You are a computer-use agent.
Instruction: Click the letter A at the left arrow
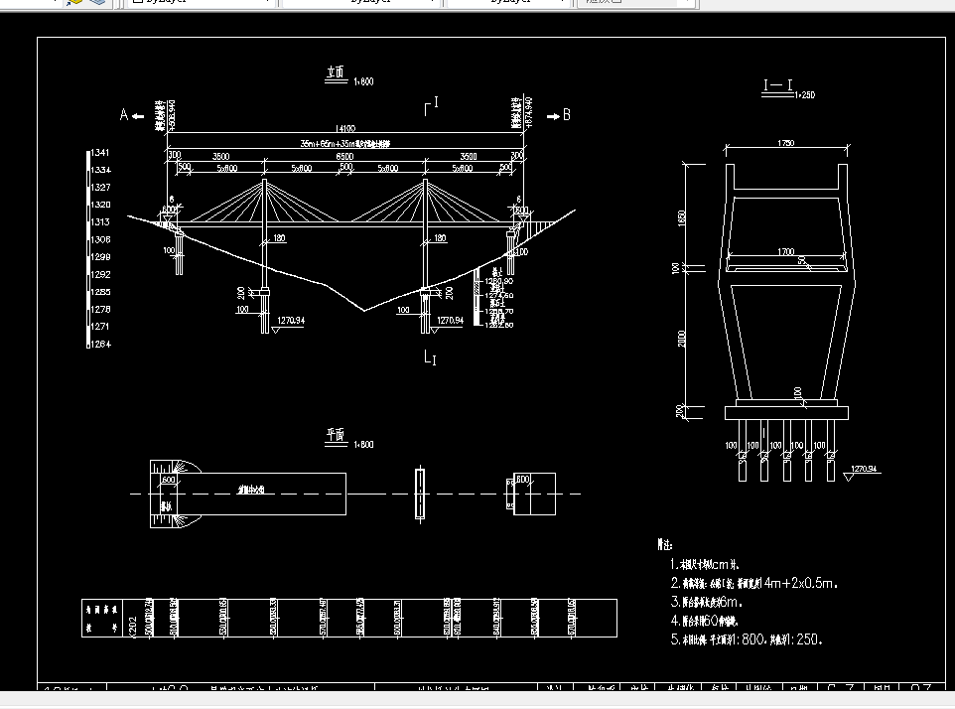coord(125,115)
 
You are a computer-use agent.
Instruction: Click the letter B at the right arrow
coord(567,115)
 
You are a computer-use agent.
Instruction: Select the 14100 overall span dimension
coord(344,128)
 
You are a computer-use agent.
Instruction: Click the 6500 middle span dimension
coord(344,157)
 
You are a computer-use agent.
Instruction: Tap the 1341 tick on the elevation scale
coord(99,153)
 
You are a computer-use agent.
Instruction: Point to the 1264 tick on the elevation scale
coord(99,344)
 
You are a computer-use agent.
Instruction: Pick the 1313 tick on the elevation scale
coord(99,222)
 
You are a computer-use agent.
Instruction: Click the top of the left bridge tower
coord(265,181)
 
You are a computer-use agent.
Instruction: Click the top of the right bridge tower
coord(425,181)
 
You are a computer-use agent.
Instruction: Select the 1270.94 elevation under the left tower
coord(289,321)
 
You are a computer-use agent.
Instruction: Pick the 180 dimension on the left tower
coord(278,238)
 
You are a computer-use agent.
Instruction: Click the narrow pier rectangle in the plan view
coord(421,494)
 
